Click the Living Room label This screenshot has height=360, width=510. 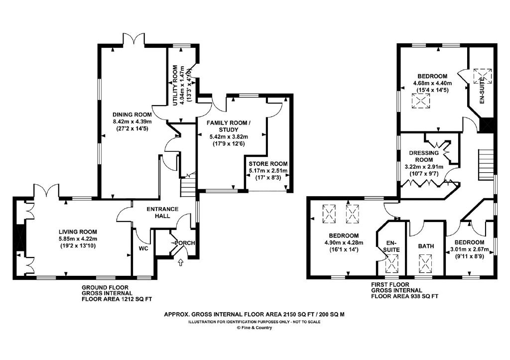click(x=78, y=232)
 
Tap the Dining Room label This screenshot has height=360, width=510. click(x=132, y=115)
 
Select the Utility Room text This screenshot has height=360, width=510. click(x=175, y=86)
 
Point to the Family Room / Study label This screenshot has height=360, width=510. click(x=229, y=126)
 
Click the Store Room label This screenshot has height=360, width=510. click(x=268, y=164)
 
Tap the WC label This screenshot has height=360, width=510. click(x=143, y=249)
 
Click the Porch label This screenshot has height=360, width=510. click(x=185, y=243)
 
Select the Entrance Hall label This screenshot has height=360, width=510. click(x=162, y=212)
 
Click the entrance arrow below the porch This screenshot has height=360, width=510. click(x=180, y=262)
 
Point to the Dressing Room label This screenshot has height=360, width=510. click(x=424, y=156)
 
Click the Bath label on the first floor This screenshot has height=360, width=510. click(x=426, y=246)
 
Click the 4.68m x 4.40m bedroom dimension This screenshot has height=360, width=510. click(x=433, y=83)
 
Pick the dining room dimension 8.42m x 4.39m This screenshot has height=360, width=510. click(x=132, y=121)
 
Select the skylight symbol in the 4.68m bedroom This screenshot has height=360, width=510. click(x=421, y=101)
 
